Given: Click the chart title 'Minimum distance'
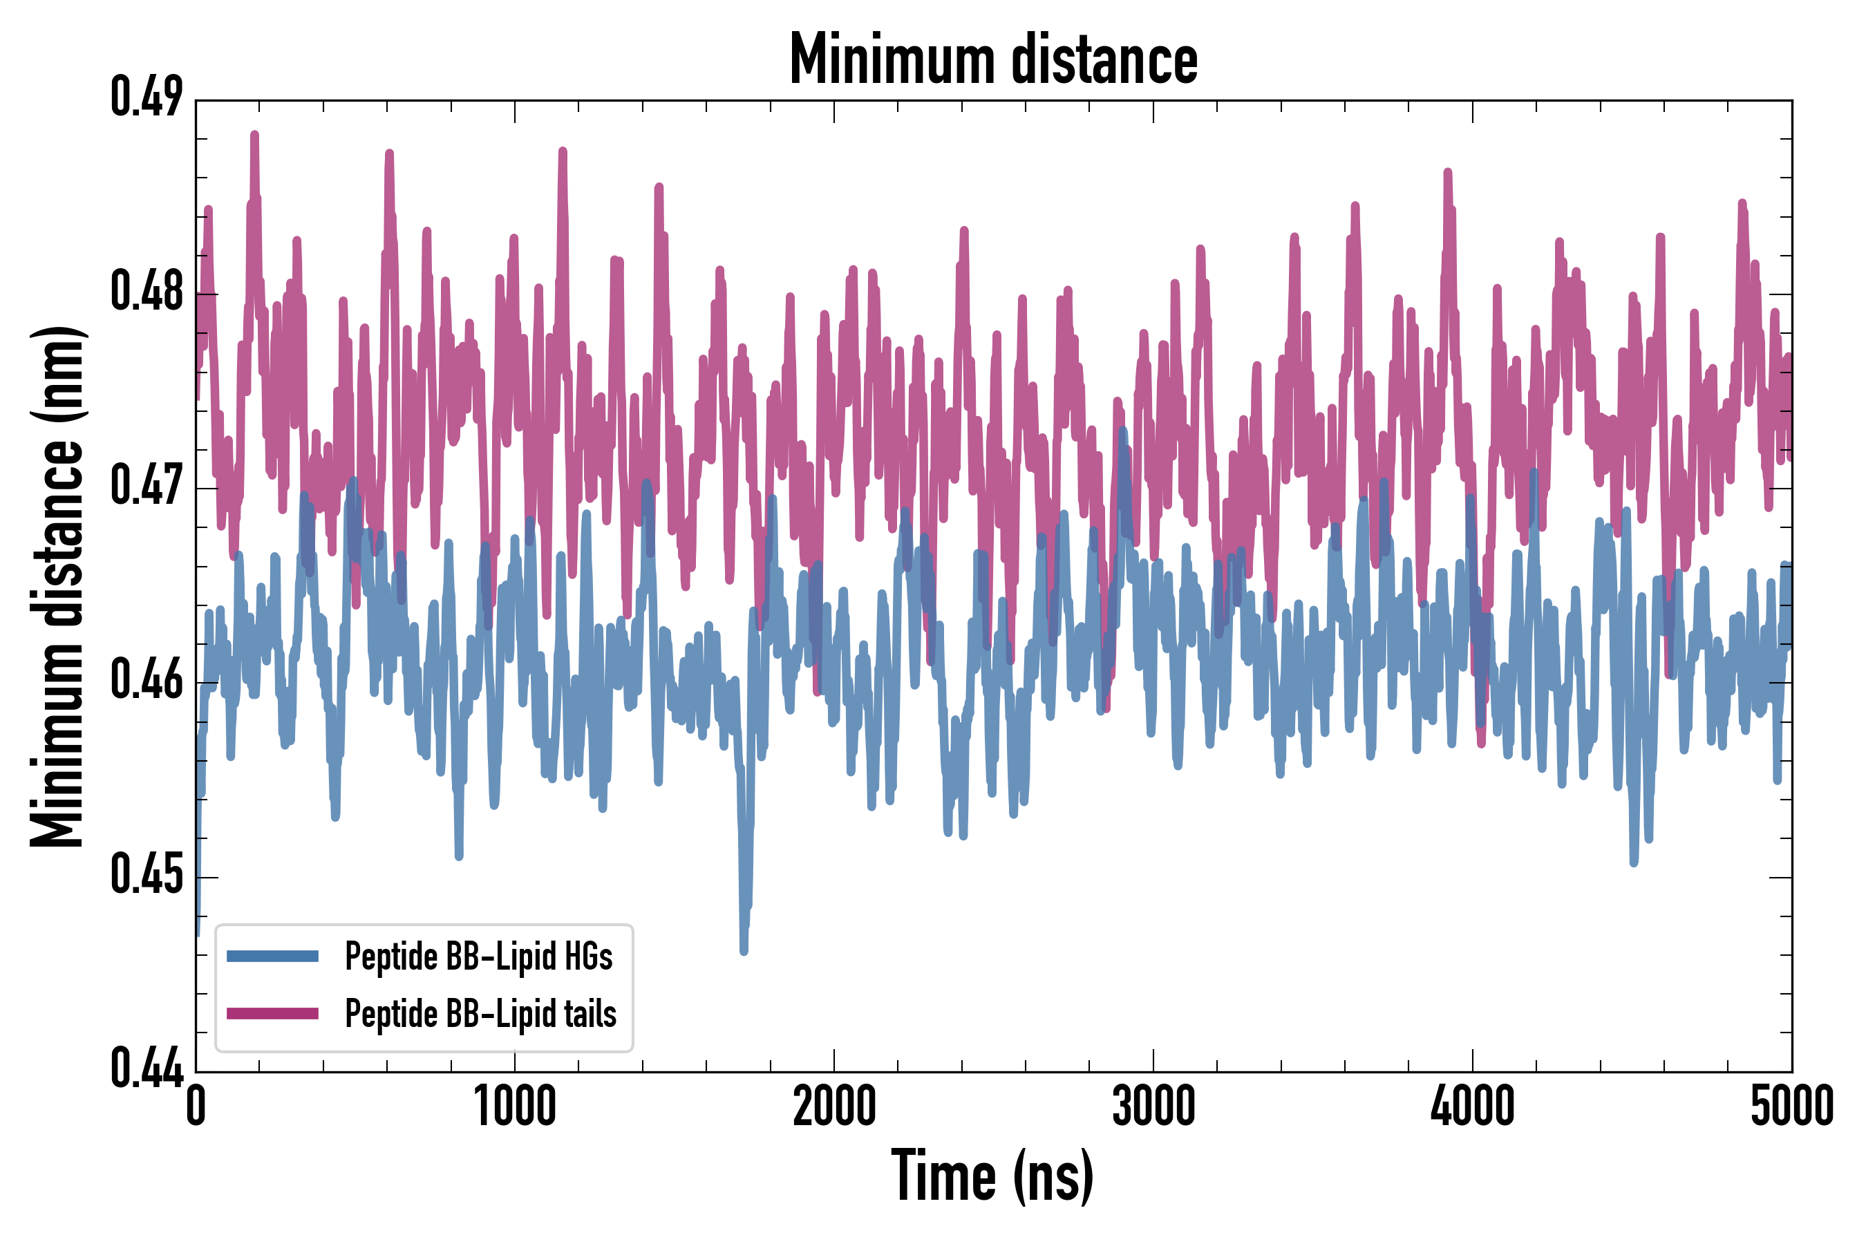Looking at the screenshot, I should point(993,59).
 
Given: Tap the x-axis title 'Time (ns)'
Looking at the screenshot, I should point(992,1176).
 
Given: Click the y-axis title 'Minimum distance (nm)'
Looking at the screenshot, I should point(57,586).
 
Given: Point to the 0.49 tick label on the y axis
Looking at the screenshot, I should point(147,98).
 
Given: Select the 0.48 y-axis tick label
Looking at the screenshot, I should point(147,292).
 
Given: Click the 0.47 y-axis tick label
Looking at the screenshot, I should point(147,487).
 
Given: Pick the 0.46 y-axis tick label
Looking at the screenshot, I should point(147,681).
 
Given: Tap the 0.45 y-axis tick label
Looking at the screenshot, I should point(147,876).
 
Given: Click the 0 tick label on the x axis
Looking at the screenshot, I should point(196,1106).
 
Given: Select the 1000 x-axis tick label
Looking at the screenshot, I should point(515,1106).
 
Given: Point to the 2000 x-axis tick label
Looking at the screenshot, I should point(834,1106).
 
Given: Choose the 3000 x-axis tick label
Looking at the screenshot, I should point(1153,1106).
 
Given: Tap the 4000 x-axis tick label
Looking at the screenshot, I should point(1473,1106).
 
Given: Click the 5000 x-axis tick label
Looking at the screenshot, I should point(1791,1106).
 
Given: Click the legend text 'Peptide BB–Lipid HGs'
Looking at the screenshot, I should point(478,956).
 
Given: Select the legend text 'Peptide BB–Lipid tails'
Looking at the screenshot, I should point(481,1013).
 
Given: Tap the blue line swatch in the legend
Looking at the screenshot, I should point(272,956).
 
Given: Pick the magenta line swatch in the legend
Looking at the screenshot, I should point(272,1013).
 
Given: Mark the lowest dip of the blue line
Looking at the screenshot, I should point(744,950).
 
